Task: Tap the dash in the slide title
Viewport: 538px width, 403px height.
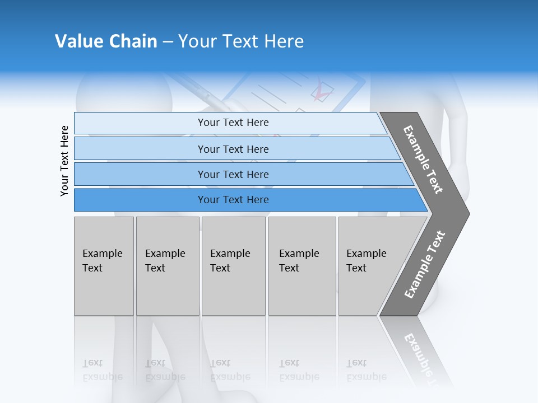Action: click(x=168, y=42)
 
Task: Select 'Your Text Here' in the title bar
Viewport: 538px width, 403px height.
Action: click(x=241, y=41)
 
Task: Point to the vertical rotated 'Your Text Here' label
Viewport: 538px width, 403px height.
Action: click(x=64, y=161)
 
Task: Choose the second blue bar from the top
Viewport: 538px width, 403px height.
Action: click(x=233, y=149)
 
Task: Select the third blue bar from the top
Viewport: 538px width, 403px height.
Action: click(x=233, y=174)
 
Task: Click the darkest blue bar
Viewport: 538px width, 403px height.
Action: click(x=233, y=200)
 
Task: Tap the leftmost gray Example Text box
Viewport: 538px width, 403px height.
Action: click(x=104, y=266)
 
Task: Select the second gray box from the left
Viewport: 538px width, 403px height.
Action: click(x=168, y=266)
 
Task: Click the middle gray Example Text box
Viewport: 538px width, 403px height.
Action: click(x=233, y=266)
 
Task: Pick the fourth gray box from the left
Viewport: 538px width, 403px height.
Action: click(x=302, y=266)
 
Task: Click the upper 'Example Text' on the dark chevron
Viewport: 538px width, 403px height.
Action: click(x=423, y=160)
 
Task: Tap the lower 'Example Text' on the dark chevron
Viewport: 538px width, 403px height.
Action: click(x=425, y=265)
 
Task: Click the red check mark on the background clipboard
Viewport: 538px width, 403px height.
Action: click(x=322, y=91)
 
